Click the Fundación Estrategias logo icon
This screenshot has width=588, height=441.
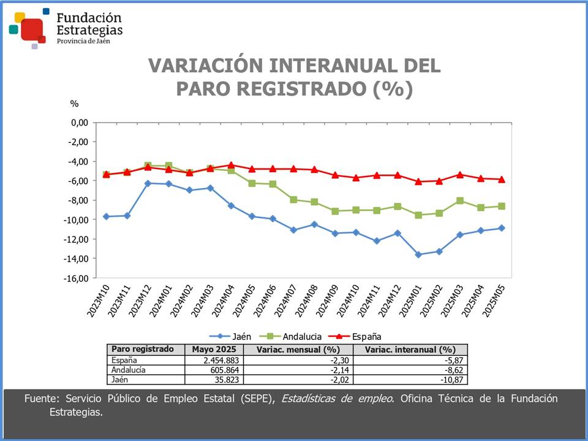point(28,28)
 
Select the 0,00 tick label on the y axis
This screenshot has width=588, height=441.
point(80,123)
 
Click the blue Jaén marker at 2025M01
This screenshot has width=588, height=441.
point(418,254)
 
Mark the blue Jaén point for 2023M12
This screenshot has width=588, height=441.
point(148,183)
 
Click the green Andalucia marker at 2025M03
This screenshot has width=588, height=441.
point(460,201)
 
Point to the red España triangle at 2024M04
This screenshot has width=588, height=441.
point(231,165)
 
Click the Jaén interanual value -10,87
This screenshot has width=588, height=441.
point(453,380)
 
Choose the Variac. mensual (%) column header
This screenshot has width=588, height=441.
point(298,349)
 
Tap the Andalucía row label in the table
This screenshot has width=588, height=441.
point(128,370)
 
